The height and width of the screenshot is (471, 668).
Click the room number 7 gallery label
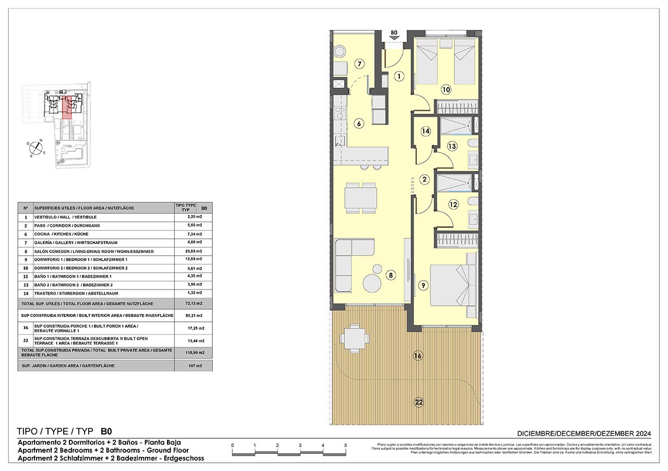[359, 64]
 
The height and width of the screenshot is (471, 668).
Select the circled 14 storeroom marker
[425, 131]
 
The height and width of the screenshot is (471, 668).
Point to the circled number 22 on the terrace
[419, 402]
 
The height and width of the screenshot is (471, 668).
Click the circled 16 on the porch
[417, 356]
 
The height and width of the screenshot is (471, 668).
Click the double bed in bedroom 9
[452, 285]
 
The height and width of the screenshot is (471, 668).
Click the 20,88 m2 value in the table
[194, 251]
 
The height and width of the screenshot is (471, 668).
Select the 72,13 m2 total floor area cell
[194, 303]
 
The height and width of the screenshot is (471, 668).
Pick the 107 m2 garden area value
[194, 366]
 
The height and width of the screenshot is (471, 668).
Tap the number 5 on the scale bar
[345, 445]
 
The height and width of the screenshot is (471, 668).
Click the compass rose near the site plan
[35, 148]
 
